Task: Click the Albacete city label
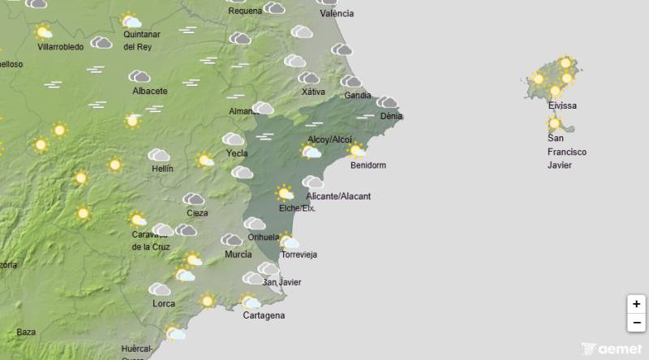point(149,91)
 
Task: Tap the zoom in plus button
point(637,304)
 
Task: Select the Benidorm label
point(367,165)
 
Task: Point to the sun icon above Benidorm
point(355,149)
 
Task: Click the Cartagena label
point(264,315)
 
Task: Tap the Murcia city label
point(238,255)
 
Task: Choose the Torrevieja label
point(299,255)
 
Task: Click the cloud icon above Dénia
point(388,102)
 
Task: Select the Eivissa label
point(562,106)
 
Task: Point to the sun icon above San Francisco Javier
point(555,124)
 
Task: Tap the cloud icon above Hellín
point(158,155)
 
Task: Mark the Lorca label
point(164,304)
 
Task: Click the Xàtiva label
point(313,92)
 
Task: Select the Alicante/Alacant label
point(338,196)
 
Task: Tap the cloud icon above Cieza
point(193,199)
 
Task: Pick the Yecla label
point(237,152)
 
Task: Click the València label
point(337,14)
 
